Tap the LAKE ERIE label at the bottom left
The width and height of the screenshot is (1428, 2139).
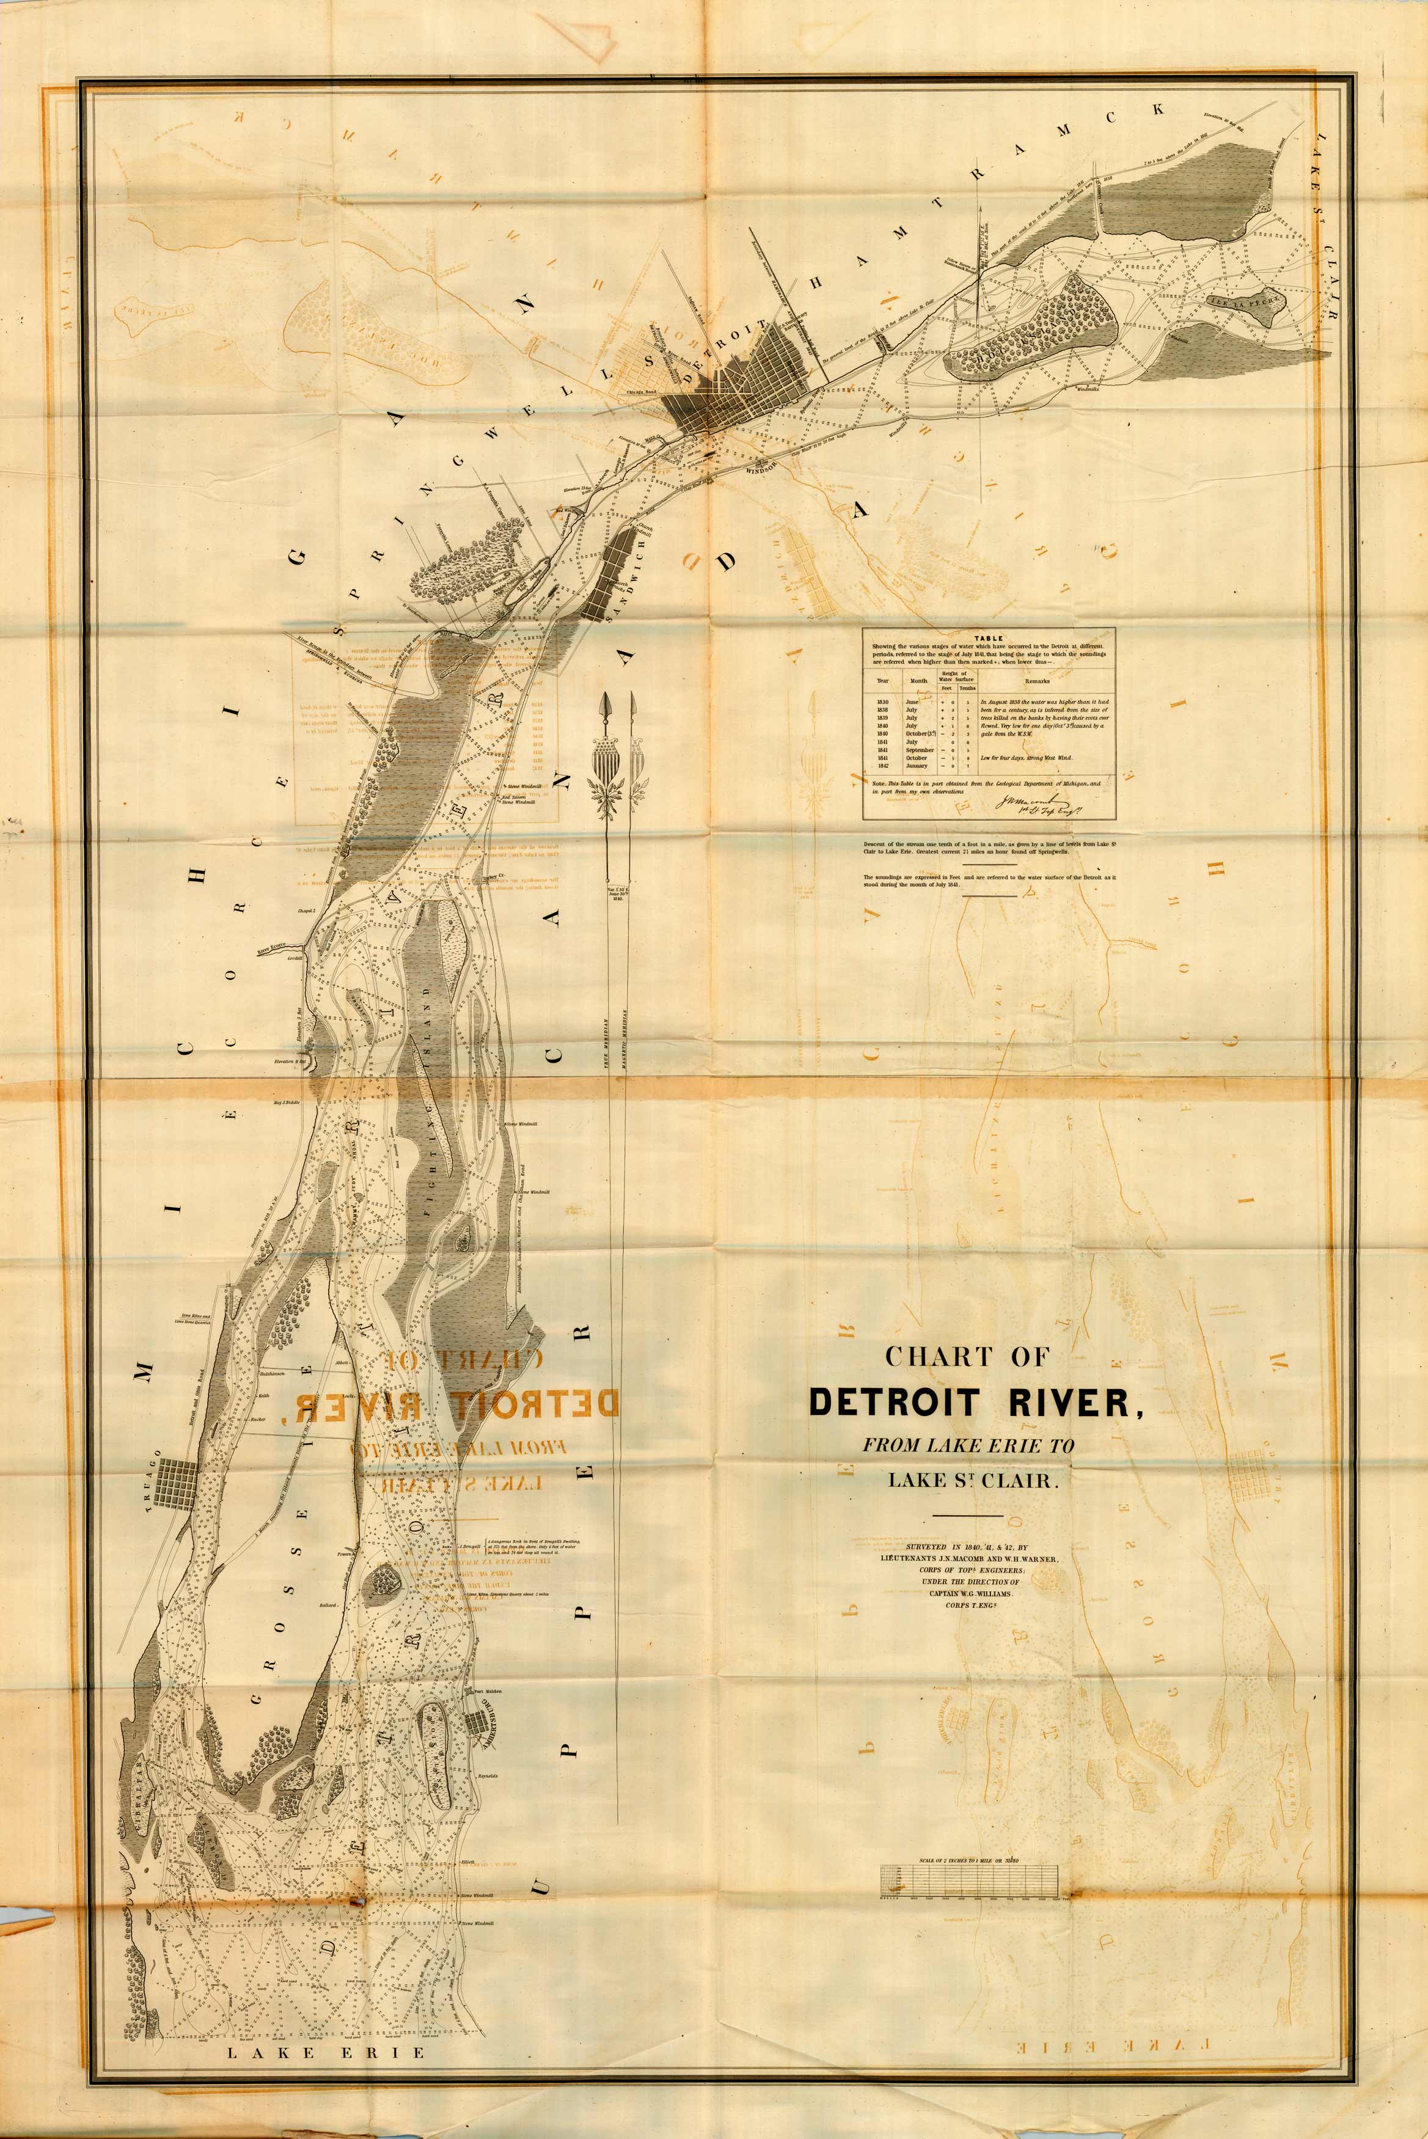(x=325, y=2020)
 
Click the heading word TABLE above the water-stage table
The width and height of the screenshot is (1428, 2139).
(x=988, y=638)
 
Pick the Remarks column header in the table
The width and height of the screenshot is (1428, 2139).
(x=1036, y=680)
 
